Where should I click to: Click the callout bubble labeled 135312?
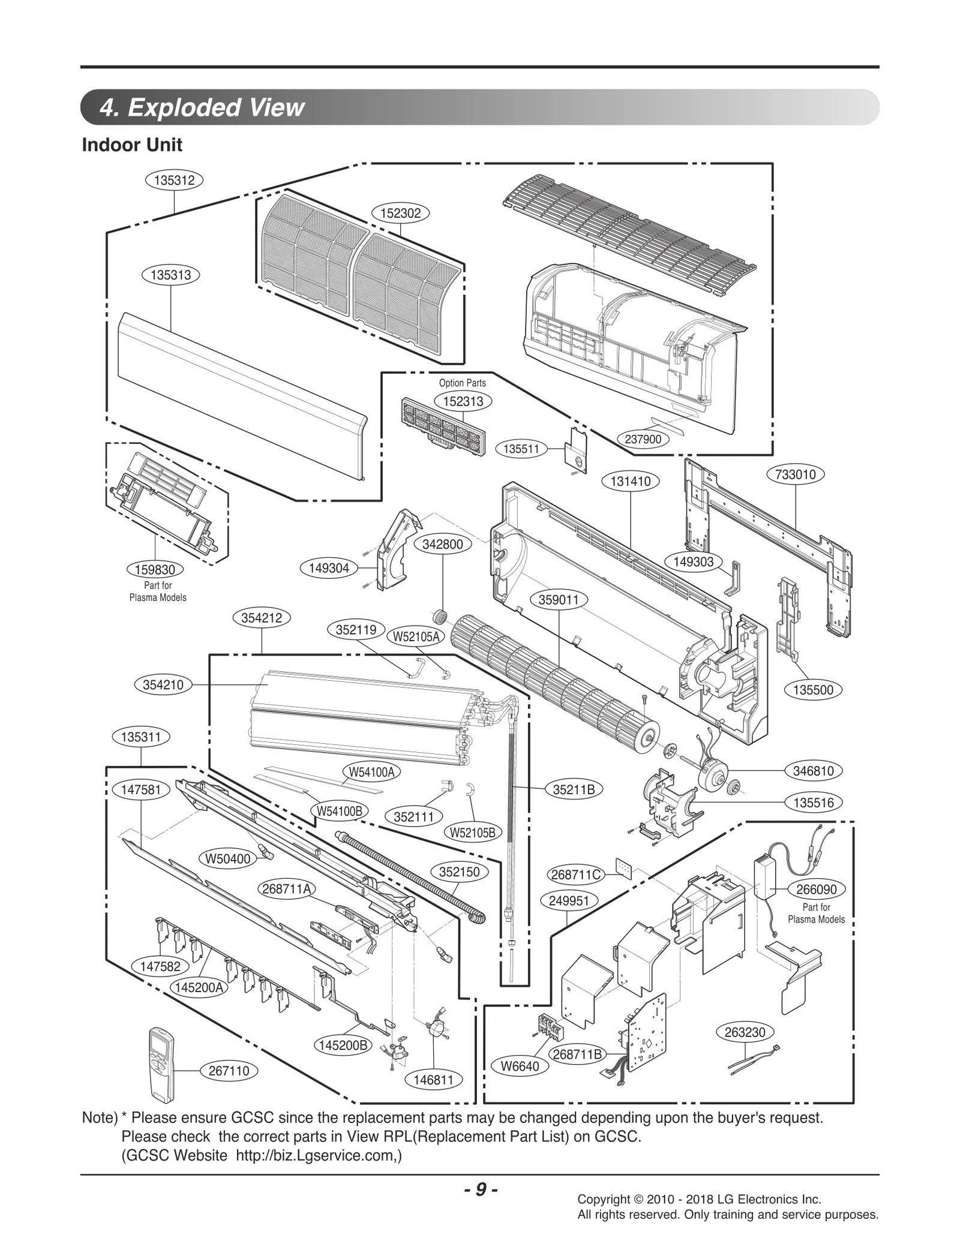click(x=174, y=180)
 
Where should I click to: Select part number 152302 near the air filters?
click(x=401, y=213)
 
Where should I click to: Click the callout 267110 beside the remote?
click(x=229, y=1071)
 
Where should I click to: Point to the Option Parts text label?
click(x=462, y=383)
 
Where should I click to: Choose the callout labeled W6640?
click(x=520, y=1066)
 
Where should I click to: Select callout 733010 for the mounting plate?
click(x=796, y=474)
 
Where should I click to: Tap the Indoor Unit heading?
click(x=132, y=145)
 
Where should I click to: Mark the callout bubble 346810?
click(x=814, y=771)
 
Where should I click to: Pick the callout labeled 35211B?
click(x=574, y=790)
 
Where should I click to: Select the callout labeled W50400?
click(x=227, y=859)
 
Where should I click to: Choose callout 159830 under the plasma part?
click(x=155, y=570)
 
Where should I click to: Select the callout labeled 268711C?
click(x=575, y=875)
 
